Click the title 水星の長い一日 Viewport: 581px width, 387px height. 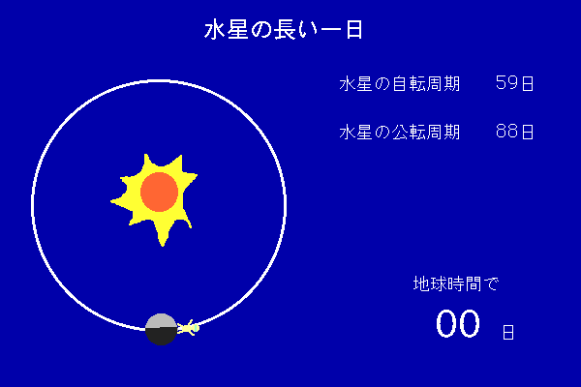[283, 30]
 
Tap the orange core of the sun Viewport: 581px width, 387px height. [160, 192]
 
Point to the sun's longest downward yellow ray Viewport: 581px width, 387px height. [163, 232]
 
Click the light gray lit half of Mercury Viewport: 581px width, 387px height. [161, 320]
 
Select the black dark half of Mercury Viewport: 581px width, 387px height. [161, 337]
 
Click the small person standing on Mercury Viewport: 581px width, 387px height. [188, 328]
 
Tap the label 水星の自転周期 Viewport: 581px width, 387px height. [399, 84]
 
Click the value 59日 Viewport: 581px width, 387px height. [515, 83]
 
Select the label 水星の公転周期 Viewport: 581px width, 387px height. [399, 132]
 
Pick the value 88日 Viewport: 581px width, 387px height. [515, 132]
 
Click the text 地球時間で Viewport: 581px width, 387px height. [456, 283]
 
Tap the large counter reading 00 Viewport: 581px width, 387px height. [458, 324]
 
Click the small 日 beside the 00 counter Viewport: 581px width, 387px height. [508, 332]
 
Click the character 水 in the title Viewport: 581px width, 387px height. [215, 30]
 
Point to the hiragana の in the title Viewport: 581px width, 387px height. [261, 30]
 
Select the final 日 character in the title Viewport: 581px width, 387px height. [354, 30]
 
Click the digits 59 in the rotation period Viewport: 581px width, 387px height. [506, 83]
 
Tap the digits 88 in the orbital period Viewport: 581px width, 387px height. [506, 132]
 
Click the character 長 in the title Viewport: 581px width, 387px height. [285, 30]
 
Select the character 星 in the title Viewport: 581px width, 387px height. [237, 30]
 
